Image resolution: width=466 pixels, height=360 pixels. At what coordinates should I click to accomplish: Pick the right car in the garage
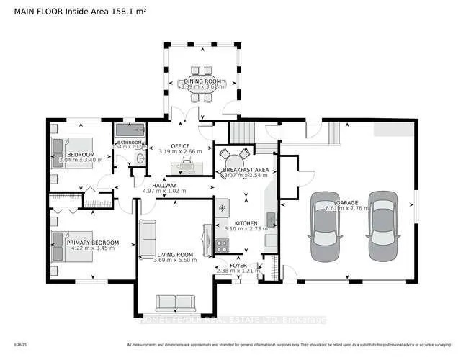tap(382, 228)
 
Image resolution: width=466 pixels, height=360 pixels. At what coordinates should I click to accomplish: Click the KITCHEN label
tap(241, 222)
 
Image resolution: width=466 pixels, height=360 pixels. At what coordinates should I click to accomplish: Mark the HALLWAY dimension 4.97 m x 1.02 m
tap(165, 191)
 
